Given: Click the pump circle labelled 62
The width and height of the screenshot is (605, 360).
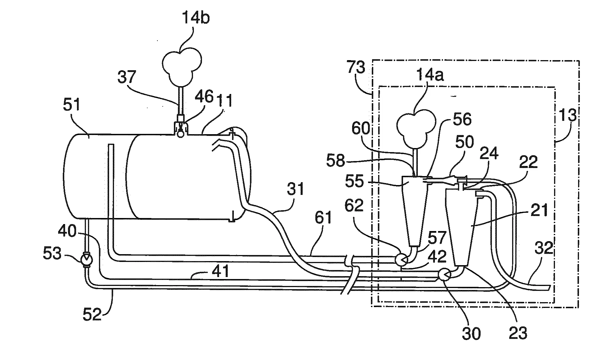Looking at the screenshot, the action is (400, 258).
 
